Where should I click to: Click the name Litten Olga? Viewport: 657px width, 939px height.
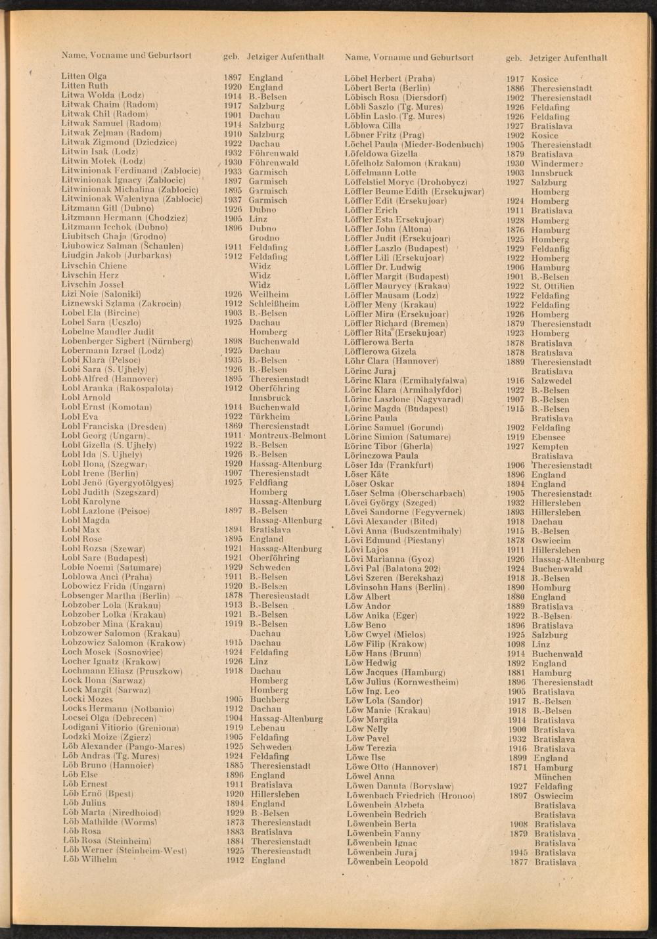point(84,76)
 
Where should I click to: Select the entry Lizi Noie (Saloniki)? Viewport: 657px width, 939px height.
point(101,294)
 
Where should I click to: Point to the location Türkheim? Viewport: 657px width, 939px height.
point(269,417)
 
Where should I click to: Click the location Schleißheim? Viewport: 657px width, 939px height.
point(274,304)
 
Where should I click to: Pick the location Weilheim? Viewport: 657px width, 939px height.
point(268,294)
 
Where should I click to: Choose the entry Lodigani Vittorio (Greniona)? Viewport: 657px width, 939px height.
point(120,728)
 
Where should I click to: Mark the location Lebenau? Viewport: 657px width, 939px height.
point(267,728)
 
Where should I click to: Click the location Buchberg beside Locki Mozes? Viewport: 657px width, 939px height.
point(269,700)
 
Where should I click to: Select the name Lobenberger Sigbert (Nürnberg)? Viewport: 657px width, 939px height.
point(126,342)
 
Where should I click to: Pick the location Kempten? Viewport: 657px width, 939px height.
point(549,446)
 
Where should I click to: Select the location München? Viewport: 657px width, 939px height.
point(553,777)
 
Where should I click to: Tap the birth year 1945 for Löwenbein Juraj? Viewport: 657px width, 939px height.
point(518,852)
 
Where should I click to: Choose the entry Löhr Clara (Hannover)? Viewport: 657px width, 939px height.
point(392,361)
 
